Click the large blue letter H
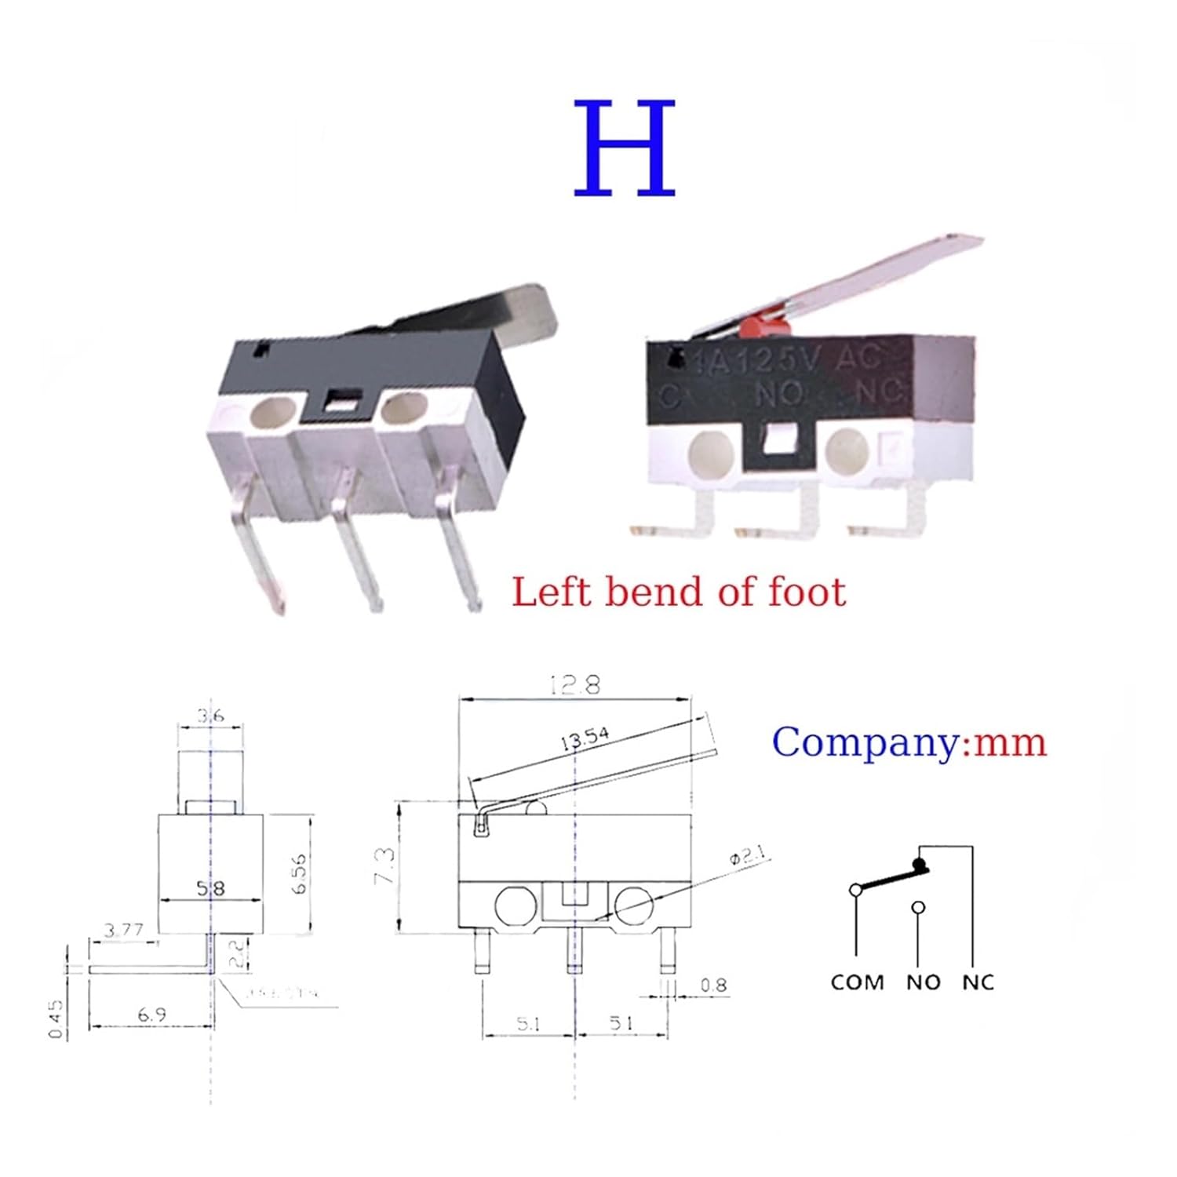point(625,148)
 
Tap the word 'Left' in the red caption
point(549,592)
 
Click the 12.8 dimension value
point(576,685)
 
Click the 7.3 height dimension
point(384,866)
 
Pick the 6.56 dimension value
point(299,873)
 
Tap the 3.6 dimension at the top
point(210,715)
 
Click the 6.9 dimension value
point(151,1015)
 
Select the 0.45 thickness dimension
point(56,1018)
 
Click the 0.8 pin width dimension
point(712,985)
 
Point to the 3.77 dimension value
point(124,930)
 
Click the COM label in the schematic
point(857,982)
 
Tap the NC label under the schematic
point(978,982)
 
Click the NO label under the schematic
point(923,982)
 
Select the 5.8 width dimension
point(210,888)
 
